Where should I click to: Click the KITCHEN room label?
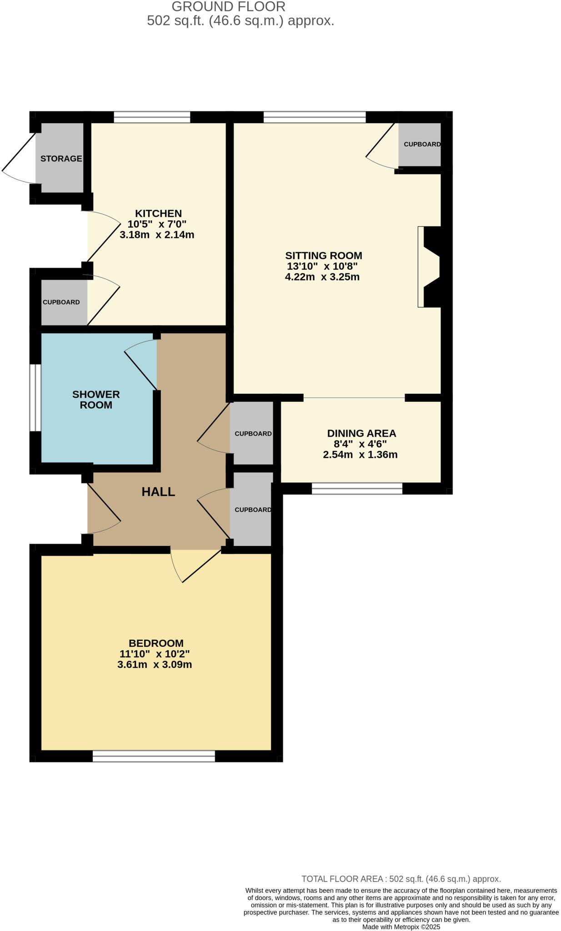158,213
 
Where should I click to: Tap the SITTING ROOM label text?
323,255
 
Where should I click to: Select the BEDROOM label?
156,643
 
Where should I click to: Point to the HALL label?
158,491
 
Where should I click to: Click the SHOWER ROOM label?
96,400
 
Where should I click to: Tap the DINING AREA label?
361,433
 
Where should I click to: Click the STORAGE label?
61,159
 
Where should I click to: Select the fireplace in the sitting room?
430,267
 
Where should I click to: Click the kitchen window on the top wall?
152,117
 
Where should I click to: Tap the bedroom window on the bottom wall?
154,756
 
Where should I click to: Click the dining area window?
357,489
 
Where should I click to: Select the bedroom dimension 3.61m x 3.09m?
155,665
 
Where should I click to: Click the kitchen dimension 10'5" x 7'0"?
157,224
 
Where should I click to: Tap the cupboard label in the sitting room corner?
422,144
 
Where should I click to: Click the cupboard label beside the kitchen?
61,302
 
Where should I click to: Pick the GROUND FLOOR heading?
228,6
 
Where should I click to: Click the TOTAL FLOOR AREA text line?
401,879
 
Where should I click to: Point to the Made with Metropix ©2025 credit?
401,927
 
